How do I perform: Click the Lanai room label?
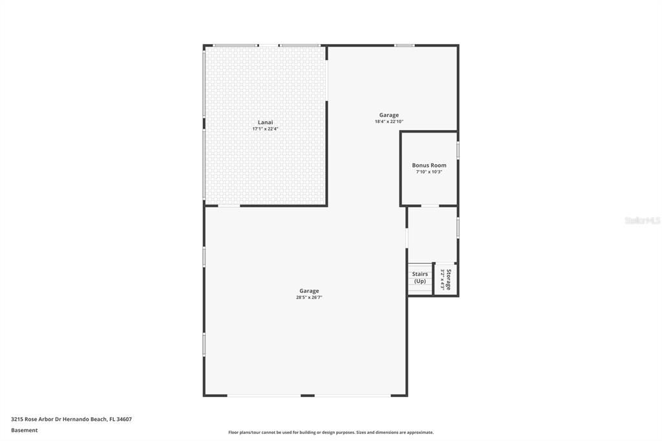(x=265, y=122)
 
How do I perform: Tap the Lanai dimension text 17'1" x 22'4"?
(x=265, y=129)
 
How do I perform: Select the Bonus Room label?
(x=429, y=166)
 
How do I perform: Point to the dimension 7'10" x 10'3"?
(x=429, y=172)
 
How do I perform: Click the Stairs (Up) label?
(x=420, y=277)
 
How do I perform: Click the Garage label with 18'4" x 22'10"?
(x=389, y=115)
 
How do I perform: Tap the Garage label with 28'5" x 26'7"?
(x=309, y=291)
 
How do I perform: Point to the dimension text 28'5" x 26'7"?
(x=309, y=297)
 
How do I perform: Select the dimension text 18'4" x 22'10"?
(x=389, y=122)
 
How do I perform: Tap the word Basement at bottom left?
(x=25, y=430)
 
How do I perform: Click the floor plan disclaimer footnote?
(x=331, y=433)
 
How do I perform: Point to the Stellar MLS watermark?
(x=642, y=220)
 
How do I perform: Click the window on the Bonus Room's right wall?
(x=458, y=150)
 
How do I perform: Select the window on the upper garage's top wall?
(x=405, y=45)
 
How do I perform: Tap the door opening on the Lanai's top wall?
(x=269, y=45)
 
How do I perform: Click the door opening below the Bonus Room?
(x=430, y=206)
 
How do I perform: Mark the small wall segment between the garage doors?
(x=308, y=395)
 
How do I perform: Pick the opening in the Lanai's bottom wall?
(x=229, y=206)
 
